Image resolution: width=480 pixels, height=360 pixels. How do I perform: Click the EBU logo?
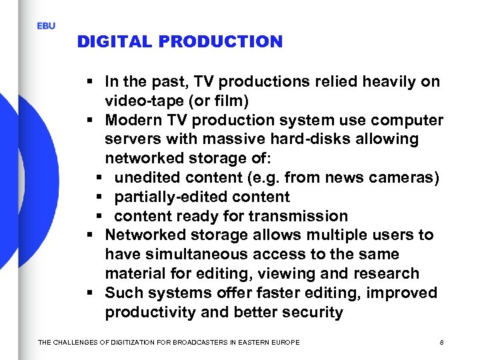[x=46, y=26]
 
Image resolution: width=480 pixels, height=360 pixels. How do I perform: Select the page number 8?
[x=442, y=342]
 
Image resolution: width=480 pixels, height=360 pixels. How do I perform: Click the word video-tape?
[x=139, y=101]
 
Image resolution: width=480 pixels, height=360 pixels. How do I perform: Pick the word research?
[x=389, y=274]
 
